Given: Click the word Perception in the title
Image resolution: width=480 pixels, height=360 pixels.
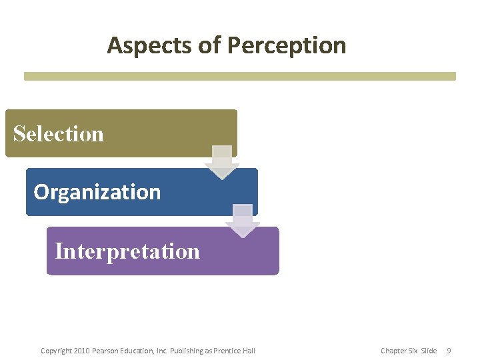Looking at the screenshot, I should [x=287, y=45].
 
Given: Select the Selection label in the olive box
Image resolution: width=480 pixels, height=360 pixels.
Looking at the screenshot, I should [x=59, y=134].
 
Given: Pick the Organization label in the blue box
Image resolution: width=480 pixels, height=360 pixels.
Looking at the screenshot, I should [x=97, y=192].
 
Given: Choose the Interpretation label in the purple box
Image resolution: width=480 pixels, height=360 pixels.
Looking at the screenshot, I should [x=127, y=251].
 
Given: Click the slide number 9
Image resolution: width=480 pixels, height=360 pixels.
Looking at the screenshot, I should [x=449, y=351].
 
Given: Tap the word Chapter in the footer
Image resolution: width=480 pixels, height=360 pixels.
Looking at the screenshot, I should [x=393, y=351].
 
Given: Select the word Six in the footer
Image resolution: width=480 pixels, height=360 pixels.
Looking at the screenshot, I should [x=413, y=351].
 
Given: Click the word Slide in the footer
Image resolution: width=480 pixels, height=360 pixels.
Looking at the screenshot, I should [x=428, y=351].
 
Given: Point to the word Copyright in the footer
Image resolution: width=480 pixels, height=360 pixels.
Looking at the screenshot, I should [x=56, y=351].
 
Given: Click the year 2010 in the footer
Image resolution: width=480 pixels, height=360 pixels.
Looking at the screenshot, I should [x=81, y=351].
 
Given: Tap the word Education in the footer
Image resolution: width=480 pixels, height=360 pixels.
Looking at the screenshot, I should [x=135, y=351].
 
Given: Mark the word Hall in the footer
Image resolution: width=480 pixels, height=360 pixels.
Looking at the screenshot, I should [x=249, y=351].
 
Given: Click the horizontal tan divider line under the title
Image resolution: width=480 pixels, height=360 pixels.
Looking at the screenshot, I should [x=240, y=76].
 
